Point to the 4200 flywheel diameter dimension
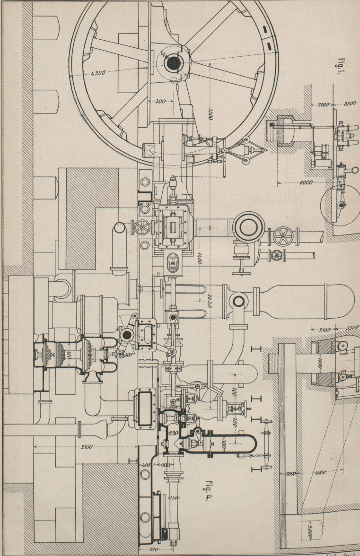click(x=99, y=74)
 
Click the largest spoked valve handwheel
click(x=282, y=235)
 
